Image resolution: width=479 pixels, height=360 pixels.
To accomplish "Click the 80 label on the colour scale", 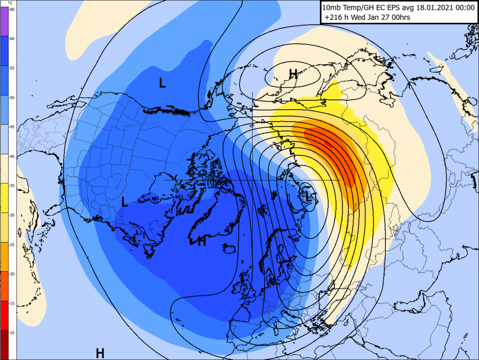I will (12, 9).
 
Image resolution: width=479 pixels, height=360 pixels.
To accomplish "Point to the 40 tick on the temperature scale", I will (12, 156).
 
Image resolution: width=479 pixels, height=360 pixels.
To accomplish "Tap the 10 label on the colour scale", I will (12, 332).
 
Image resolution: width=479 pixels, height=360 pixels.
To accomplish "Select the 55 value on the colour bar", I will (12, 68).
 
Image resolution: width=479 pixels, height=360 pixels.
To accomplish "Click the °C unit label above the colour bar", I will (10, 3).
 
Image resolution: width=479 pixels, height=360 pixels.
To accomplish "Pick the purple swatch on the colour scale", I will (5, 22).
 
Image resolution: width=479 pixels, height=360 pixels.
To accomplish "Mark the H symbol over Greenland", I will (202, 241).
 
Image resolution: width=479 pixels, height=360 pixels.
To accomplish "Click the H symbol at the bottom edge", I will (100, 353).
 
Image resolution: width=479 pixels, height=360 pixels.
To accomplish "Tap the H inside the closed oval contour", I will (293, 73).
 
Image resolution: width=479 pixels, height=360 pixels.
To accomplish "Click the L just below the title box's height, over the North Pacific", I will (162, 82).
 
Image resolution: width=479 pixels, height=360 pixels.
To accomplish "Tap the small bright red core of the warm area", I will (328, 144).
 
